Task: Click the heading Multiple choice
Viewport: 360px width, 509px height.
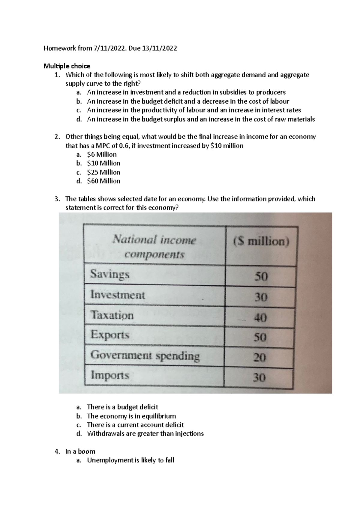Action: coord(67,66)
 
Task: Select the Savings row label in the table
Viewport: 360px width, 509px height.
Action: coord(110,274)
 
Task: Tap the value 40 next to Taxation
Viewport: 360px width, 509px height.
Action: coord(260,317)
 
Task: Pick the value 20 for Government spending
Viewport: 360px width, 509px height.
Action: coord(259,357)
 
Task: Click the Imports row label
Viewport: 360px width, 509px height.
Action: coord(110,375)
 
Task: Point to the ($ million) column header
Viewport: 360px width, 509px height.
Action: coord(261,242)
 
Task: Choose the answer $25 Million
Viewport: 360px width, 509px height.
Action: coord(103,172)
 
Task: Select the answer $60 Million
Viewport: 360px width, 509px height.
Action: coord(103,181)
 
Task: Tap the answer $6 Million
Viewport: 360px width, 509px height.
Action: coord(102,155)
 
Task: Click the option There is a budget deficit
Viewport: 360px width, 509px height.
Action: coord(122,407)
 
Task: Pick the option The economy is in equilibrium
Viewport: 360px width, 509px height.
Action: coord(131,416)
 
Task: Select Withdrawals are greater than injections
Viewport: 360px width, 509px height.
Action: coord(145,434)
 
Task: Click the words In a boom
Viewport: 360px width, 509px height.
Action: coord(80,451)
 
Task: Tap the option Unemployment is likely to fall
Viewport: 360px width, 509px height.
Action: coord(130,460)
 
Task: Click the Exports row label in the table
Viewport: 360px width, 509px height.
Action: coord(110,335)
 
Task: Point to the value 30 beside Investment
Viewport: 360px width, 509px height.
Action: coord(260,297)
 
